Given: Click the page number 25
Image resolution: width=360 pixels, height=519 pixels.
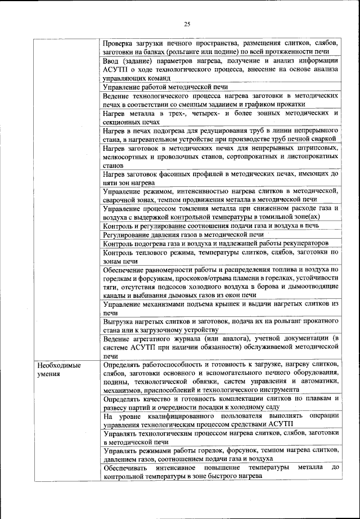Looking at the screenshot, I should pos(187,23).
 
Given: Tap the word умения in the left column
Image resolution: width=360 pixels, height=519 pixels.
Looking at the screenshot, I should pos(46,374).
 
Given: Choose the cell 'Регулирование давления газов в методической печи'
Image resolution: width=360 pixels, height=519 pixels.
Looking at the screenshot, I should pos(183,234).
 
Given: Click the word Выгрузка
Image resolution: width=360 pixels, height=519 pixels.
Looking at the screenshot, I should pos(120,321).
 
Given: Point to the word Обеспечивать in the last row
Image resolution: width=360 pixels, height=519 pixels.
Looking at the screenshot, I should pos(126,468).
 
